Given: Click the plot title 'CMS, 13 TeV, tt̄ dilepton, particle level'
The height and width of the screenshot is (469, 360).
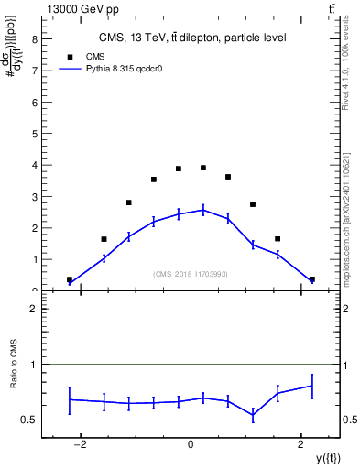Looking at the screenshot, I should tap(191, 38).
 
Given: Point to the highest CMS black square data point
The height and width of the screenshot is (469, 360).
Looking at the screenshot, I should tap(203, 168).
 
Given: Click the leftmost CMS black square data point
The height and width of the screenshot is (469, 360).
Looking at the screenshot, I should tap(70, 279).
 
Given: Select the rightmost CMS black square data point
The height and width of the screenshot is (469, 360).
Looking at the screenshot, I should tap(311, 279).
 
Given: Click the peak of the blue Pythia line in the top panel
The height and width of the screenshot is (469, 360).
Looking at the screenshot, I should tap(203, 210).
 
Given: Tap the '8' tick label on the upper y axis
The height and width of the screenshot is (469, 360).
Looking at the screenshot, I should tap(34, 40).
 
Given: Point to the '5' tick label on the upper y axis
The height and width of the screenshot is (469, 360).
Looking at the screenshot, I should tap(34, 134).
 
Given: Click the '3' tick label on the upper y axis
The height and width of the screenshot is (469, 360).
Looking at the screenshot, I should tap(34, 197).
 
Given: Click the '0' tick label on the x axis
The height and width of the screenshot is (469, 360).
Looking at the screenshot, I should tap(191, 444).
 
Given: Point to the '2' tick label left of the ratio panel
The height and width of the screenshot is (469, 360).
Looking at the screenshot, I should tap(34, 310).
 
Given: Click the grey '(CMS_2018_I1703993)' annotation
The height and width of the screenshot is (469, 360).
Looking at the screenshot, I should tap(191, 274).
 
